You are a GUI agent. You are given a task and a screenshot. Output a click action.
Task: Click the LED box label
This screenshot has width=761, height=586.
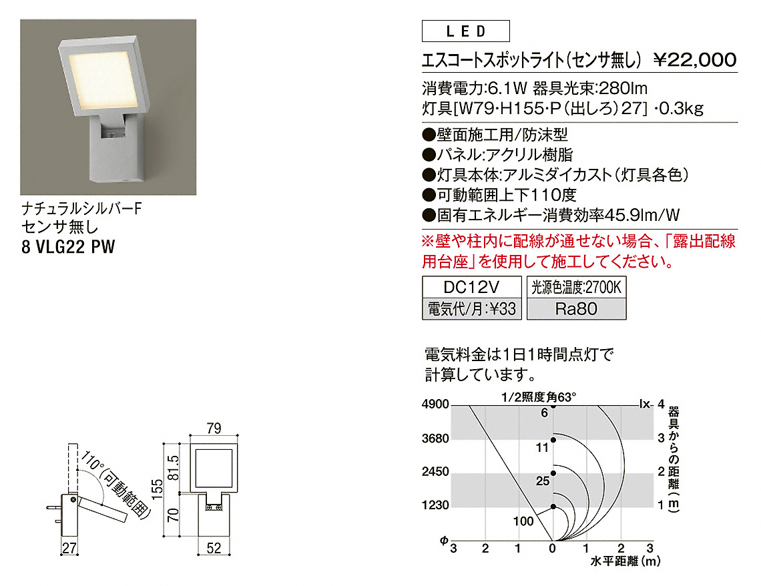[465, 31]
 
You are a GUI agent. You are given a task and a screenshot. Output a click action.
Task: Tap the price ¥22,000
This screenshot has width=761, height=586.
[695, 59]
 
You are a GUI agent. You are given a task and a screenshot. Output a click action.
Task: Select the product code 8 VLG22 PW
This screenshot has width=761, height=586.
[69, 247]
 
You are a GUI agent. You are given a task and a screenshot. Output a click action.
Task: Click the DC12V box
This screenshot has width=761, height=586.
[472, 287]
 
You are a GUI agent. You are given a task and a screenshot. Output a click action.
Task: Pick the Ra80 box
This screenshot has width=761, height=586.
[576, 309]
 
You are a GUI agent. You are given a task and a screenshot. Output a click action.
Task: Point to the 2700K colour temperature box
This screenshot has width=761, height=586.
[576, 287]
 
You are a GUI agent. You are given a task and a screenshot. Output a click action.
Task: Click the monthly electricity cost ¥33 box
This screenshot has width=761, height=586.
[472, 309]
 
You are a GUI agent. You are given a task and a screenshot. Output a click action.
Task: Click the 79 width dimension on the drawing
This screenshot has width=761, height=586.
[214, 428]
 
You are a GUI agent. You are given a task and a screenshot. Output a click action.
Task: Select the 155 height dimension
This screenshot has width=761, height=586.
[157, 489]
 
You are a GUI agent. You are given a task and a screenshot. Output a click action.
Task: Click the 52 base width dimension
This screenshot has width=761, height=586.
[214, 548]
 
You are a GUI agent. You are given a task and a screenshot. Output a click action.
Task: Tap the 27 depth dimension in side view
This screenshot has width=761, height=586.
[69, 548]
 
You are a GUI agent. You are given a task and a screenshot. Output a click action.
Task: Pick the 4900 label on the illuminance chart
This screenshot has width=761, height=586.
[435, 404]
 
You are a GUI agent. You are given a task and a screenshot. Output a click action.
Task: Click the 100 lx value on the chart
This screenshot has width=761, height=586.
[523, 521]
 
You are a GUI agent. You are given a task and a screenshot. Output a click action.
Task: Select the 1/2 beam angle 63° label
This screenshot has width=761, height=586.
[539, 397]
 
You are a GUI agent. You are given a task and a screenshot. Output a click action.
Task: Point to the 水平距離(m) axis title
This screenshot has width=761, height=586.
[625, 561]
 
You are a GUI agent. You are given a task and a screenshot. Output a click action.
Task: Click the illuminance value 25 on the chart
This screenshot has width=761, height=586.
[543, 481]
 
